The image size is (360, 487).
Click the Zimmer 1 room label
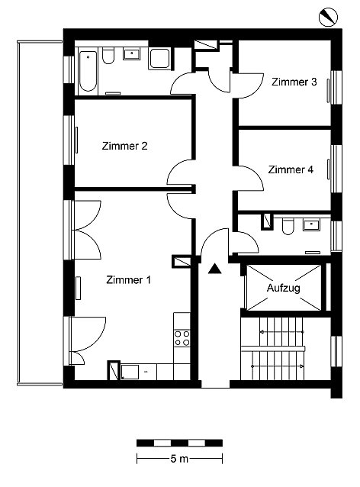(128, 279)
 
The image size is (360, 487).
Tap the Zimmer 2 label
(124, 146)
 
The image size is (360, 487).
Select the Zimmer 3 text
(294, 82)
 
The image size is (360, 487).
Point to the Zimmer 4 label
(291, 169)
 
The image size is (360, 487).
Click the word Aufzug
(283, 288)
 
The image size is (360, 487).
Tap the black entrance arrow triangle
(215, 269)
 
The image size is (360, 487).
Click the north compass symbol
(328, 17)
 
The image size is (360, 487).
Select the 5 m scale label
(179, 459)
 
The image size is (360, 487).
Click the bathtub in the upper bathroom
(88, 71)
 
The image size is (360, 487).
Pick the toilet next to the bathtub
(108, 56)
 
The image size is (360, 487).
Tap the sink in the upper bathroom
(132, 53)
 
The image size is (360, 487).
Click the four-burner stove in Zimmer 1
(182, 338)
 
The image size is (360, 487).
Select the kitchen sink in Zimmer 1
(130, 372)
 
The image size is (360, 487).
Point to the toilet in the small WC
(288, 226)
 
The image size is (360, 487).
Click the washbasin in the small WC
(311, 224)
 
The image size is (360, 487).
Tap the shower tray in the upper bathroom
(160, 59)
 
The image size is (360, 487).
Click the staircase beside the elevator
(272, 348)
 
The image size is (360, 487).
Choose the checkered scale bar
(179, 443)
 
